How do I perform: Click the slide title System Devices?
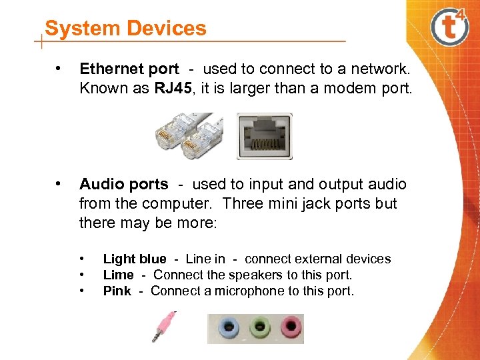tap(125, 29)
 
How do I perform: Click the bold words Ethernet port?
tap(129, 69)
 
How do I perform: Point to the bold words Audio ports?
tap(123, 184)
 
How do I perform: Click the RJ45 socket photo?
tap(265, 136)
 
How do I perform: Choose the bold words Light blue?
tap(135, 259)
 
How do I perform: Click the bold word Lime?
tap(119, 275)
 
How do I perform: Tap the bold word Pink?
tap(117, 291)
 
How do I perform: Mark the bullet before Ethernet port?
tap(60, 68)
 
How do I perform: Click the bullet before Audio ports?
tap(60, 183)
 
